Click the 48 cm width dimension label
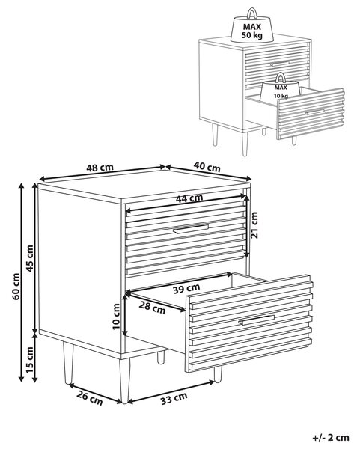[x=100, y=168]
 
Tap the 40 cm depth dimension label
[x=207, y=166]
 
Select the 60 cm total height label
[x=16, y=287]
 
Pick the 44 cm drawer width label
[x=189, y=198]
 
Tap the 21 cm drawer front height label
[x=254, y=225]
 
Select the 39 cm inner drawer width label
[x=186, y=289]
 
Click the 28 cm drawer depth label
[x=153, y=308]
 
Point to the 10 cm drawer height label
[x=116, y=317]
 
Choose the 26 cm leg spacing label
[x=89, y=398]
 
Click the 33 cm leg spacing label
[x=174, y=399]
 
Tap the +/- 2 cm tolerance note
[x=331, y=438]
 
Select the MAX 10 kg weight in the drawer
[x=281, y=88]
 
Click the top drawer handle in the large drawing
[x=191, y=229]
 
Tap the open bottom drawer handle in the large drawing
[x=256, y=320]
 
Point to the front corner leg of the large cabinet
[x=124, y=381]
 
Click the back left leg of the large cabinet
[x=68, y=364]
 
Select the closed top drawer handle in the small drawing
[x=280, y=64]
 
